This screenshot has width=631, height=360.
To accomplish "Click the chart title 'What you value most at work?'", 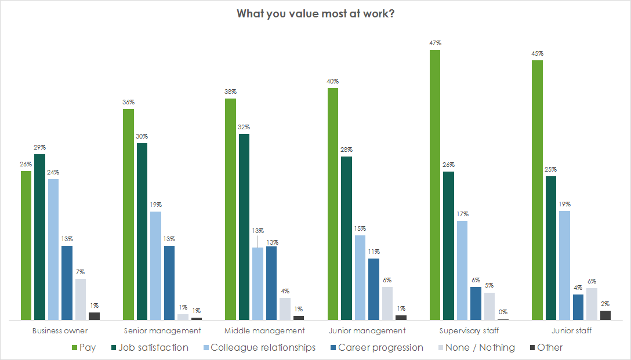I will coord(315,13).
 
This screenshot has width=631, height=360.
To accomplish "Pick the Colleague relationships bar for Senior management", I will coord(155,266).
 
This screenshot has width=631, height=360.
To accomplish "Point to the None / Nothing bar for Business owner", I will coord(81,299).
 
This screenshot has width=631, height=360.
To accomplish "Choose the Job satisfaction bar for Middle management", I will coord(244,227).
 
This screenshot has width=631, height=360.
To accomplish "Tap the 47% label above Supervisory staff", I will coord(435,43).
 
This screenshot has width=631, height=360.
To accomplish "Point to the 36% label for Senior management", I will coord(128,102).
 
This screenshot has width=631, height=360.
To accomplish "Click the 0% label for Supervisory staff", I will coord(503,312).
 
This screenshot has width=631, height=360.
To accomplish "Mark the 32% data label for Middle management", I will coord(244,127).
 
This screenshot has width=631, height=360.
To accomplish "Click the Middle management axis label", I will coord(264,331).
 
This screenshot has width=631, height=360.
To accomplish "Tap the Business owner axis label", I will coord(60,331).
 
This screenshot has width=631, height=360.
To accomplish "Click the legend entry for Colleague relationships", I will coord(263,348).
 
